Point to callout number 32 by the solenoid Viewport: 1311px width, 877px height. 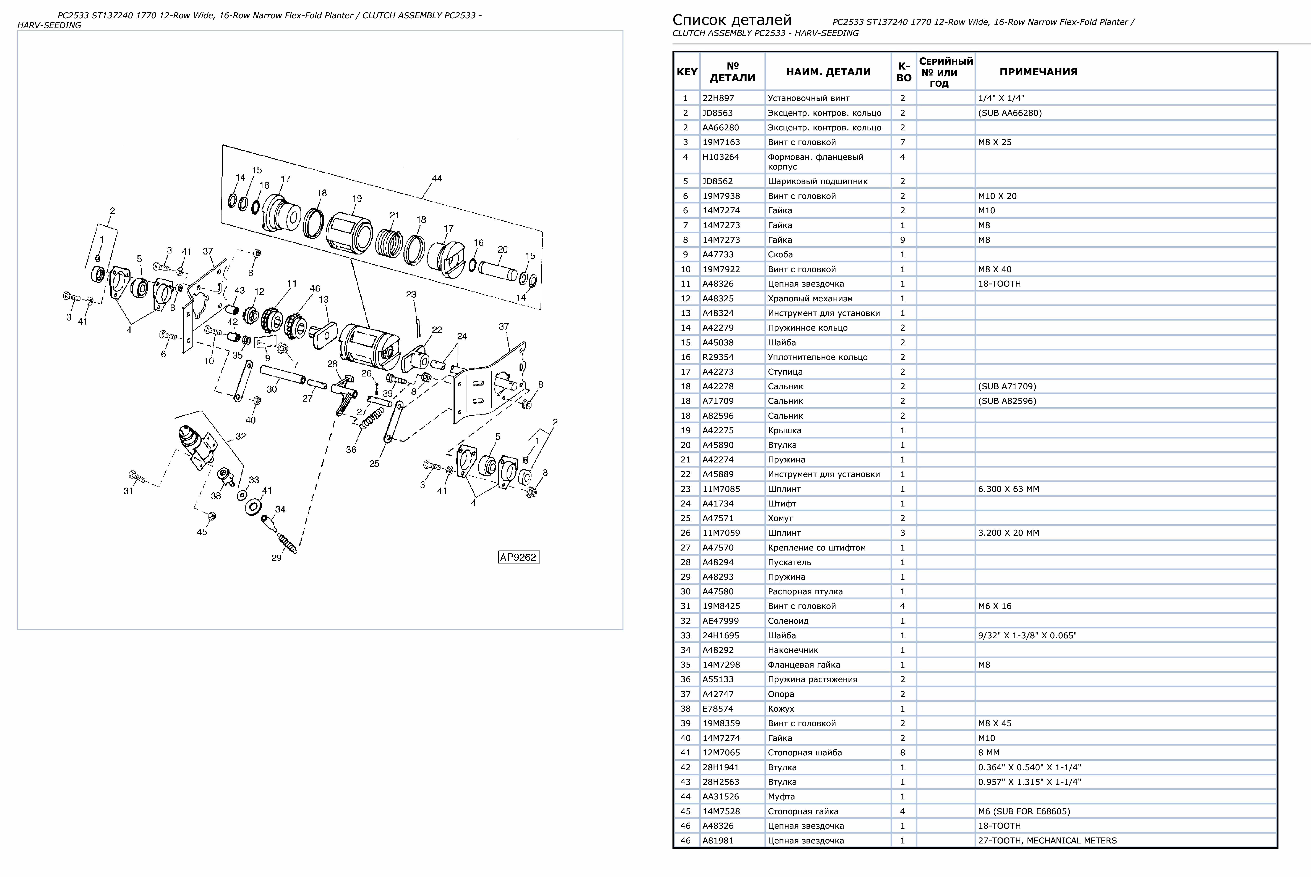pos(241,436)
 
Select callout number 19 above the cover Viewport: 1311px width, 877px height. pos(357,199)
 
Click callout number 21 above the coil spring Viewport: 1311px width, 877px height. pos(394,215)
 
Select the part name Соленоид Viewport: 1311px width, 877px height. pos(788,621)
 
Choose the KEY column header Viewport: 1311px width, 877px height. pos(686,72)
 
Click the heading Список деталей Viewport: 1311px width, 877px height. pos(731,20)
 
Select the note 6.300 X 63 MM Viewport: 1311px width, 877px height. pos(1008,489)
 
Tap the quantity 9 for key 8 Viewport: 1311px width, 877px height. pos(902,240)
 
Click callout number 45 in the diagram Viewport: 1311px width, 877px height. pos(202,532)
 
